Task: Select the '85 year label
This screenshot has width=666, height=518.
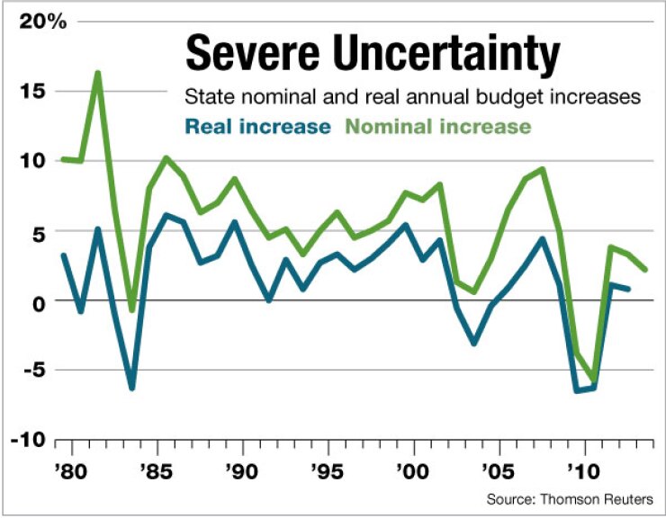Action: tap(157, 471)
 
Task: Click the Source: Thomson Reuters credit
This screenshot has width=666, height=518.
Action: tap(571, 497)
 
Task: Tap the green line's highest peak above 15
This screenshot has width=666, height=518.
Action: tap(97, 74)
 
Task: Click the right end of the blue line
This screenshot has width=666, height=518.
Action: tap(627, 289)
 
